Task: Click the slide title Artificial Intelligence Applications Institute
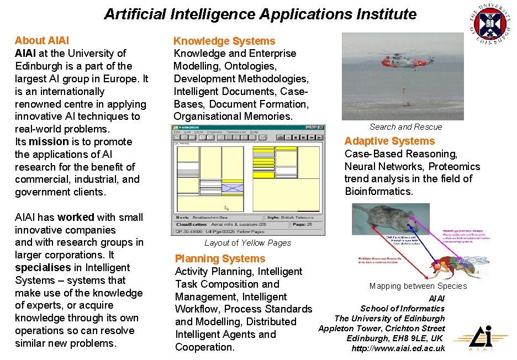click(260, 14)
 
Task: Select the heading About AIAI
click(42, 40)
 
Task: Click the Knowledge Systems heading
click(224, 41)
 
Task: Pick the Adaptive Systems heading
click(389, 141)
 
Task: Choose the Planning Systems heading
click(220, 258)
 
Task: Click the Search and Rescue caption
click(405, 127)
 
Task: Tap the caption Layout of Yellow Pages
click(247, 243)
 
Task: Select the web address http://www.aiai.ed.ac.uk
click(398, 348)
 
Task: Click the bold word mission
click(49, 141)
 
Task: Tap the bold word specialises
click(42, 267)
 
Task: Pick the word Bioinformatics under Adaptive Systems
click(379, 192)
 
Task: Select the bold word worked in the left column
click(76, 217)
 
